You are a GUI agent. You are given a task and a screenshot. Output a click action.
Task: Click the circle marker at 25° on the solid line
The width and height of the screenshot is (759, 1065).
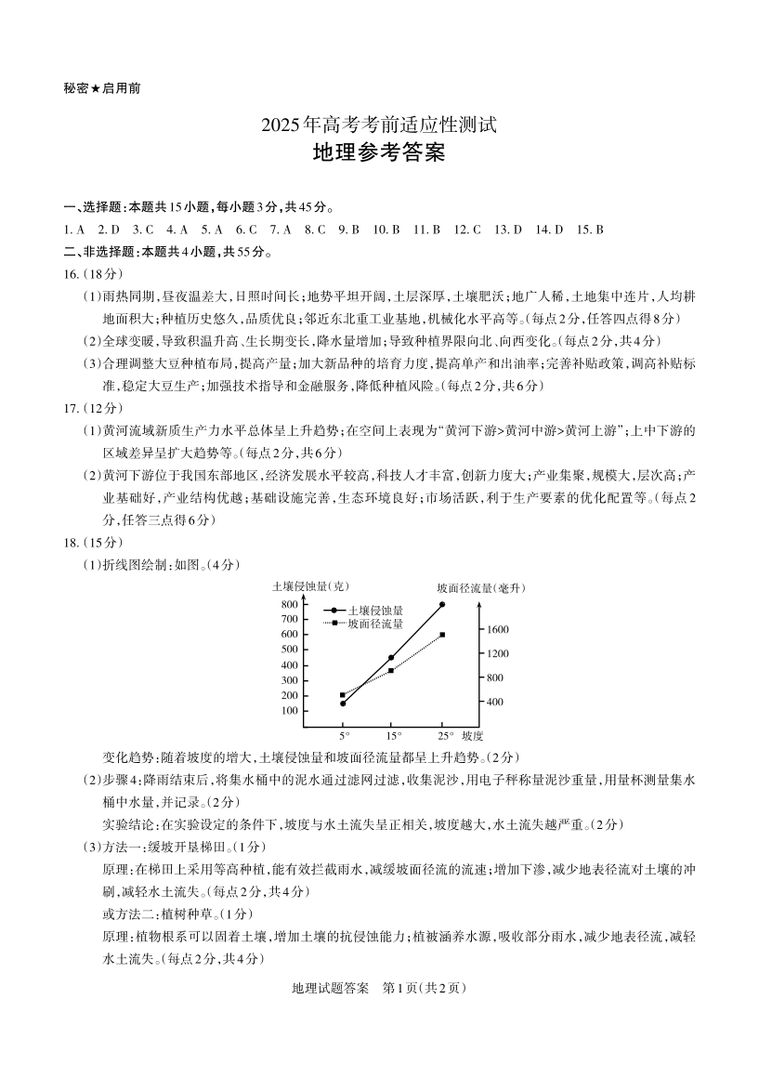442,604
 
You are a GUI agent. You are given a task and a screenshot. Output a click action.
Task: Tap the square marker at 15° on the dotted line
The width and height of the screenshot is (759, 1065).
391,670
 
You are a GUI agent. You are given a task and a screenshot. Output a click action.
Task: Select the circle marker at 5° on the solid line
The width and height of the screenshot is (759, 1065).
343,703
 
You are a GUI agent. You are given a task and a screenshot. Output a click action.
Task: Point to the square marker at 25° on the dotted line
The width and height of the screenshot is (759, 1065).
442,635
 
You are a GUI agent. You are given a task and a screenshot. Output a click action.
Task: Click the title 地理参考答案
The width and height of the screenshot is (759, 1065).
379,153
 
